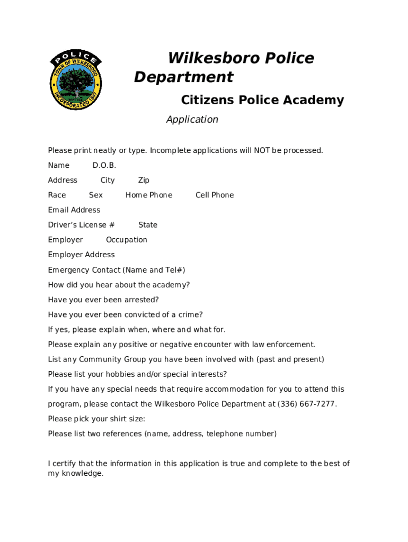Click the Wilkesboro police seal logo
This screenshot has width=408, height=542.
coord(76,80)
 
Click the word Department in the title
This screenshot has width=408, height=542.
coord(183,77)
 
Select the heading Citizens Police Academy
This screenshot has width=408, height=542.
coord(262,100)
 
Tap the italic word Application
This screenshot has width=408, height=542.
coord(192,120)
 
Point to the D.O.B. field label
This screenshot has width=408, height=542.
coord(104,166)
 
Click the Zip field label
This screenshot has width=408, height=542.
coord(144,180)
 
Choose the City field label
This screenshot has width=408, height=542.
coord(108,180)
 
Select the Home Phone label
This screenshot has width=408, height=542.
coord(149,195)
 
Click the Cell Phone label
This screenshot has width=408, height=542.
coord(215,195)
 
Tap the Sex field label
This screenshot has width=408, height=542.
coord(96,195)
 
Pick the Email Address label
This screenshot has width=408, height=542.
coord(74,210)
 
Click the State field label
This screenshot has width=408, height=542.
coord(148,225)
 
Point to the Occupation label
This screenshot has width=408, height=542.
coord(127,240)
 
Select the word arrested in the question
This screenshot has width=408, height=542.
coord(141,300)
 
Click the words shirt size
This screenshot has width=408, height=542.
coord(126,419)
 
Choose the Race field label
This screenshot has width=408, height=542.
coord(57,195)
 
